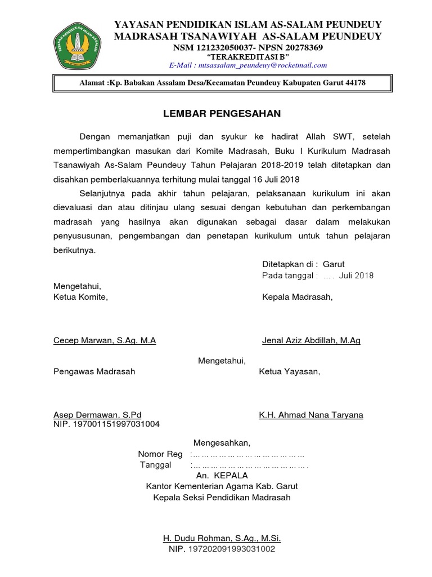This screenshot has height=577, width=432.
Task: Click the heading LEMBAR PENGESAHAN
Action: pos(222,114)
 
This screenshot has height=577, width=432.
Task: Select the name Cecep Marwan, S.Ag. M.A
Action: pos(104,340)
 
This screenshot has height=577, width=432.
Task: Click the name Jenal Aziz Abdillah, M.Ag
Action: pos(311,340)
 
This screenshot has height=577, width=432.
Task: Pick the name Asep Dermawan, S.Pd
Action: pos(97,415)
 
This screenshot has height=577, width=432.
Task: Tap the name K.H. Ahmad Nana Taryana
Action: pos(311,415)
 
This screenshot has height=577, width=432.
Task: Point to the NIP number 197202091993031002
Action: pos(231,548)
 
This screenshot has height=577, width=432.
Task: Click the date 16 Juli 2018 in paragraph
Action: pos(269,180)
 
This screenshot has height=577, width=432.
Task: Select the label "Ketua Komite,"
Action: pos(80,297)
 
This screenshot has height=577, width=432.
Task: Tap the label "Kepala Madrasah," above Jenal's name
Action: pos(298,297)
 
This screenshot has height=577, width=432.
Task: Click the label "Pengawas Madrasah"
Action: pos(94,372)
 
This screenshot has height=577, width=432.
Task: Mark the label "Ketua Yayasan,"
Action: pos(289,372)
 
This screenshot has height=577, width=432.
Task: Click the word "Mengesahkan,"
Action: pos(222,442)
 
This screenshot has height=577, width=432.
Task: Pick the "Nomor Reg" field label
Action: pos(160,454)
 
